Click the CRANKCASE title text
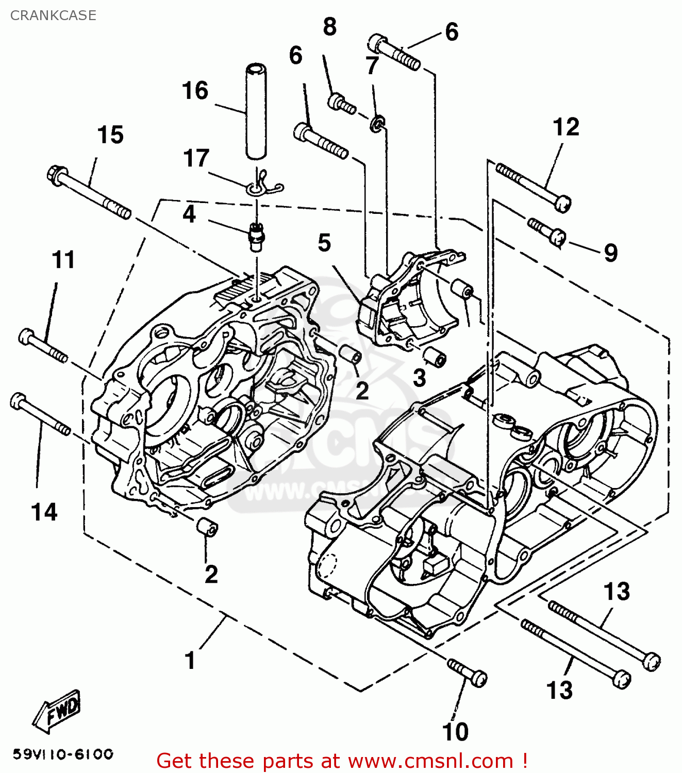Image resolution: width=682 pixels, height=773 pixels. pos(53,15)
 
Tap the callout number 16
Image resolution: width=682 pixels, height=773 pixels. pos(195,91)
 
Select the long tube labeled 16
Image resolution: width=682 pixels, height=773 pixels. pos(256,110)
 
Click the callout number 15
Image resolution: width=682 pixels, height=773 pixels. pos(110,135)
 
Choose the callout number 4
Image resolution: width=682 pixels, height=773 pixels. pos(189,214)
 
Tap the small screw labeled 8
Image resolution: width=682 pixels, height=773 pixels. pos(342,103)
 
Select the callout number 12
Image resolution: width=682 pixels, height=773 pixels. pos(566,127)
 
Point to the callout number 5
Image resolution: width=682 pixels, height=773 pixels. pos(324,243)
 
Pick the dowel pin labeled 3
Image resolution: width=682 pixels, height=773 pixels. pos(434,357)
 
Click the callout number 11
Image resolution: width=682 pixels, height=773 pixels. pos(63,260)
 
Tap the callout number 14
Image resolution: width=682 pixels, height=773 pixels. pos(44,512)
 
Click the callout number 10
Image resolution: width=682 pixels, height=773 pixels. pos(455,732)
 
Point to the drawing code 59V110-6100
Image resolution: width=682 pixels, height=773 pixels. pos(63,755)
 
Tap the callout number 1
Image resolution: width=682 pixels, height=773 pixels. pos(190,661)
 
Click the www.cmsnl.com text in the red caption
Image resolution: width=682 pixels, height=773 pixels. pos(430,761)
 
